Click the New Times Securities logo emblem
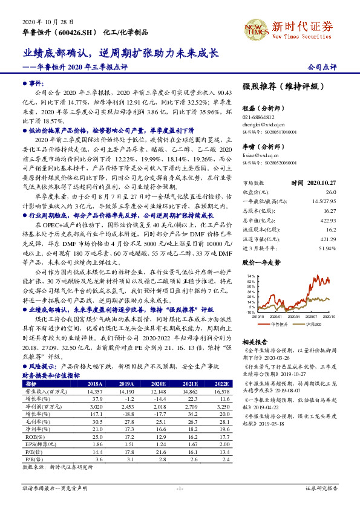click(x=254, y=28)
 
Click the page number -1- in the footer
click(x=180, y=487)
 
